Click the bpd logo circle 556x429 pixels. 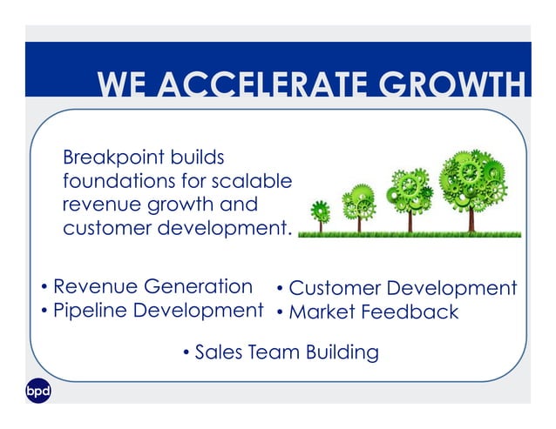pos(37,392)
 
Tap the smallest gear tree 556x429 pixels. pos(321,212)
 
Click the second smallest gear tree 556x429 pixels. pos(358,204)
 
